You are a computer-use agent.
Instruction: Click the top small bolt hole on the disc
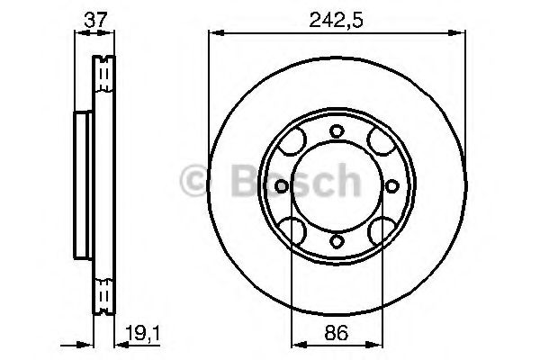(x=336, y=131)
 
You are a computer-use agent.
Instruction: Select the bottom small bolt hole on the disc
(x=336, y=240)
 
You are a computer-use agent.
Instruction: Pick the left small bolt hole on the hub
(x=281, y=186)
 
